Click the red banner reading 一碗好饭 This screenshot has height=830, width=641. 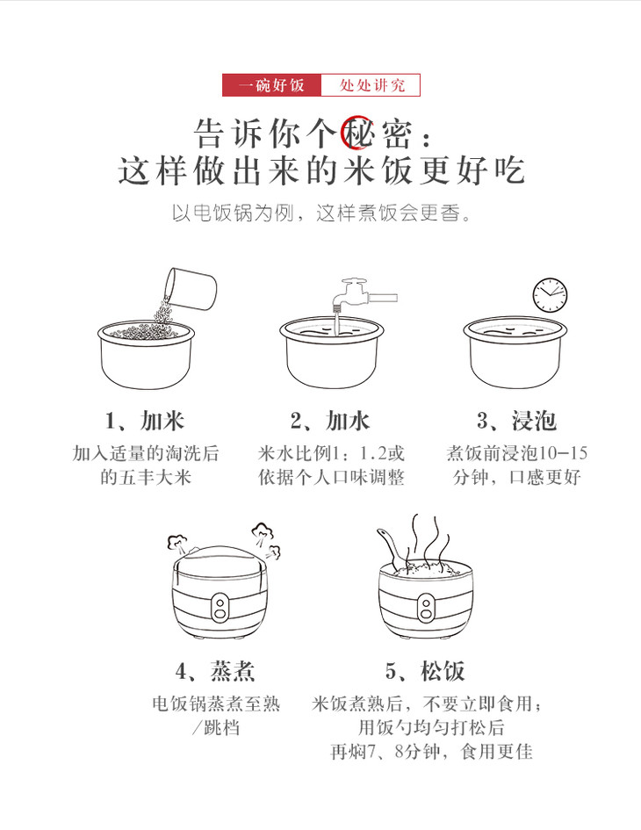pos(271,84)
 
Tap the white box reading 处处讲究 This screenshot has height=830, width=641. pos(371,84)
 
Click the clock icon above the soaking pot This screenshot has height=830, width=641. pos(550,295)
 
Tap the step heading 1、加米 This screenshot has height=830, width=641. pos(145,421)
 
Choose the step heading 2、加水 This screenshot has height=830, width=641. pos(330,421)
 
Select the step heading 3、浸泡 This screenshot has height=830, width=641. pos(516,421)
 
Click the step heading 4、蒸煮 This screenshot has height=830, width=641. pos(215,671)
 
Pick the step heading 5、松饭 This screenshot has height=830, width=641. pos(425,671)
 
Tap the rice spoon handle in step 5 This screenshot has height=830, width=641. pos(388,546)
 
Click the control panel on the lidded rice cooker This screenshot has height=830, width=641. pos(220,608)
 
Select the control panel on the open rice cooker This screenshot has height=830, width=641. pos(426,608)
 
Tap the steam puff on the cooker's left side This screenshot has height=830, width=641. pos(178,545)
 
